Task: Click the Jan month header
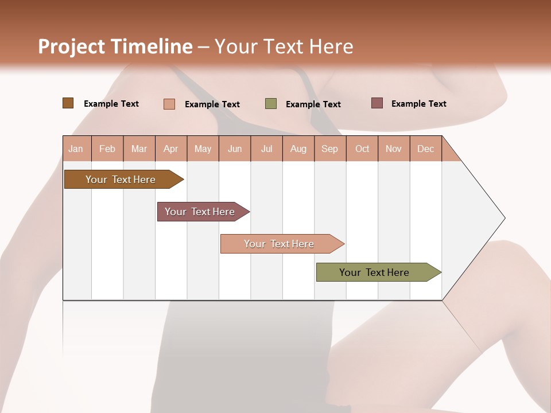76,149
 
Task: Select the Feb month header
107,149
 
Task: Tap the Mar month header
139,149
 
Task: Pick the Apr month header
170,149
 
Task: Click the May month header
203,149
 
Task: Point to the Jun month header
235,149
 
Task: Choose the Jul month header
266,149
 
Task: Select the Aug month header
298,149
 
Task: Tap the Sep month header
329,149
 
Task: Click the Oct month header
362,149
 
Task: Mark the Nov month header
394,149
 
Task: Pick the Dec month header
425,149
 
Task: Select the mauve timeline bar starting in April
200,212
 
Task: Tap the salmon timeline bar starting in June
280,244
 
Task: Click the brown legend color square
68,103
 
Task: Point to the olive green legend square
271,104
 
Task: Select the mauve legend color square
377,103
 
